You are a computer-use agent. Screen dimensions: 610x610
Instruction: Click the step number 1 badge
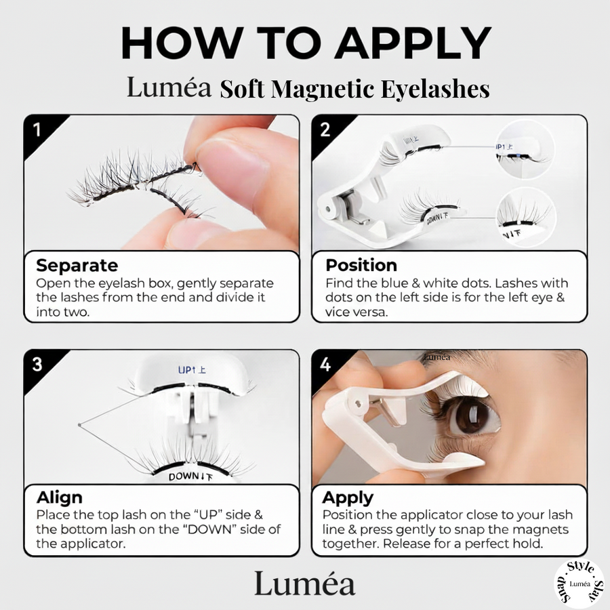point(37,130)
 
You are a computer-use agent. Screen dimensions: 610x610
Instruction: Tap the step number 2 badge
point(325,130)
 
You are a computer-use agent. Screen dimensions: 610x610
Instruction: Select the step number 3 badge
point(37,365)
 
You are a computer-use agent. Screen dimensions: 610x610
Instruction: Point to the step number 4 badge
point(325,365)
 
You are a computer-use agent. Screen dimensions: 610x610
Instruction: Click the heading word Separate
point(77,266)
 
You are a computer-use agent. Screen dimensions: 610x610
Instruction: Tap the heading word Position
point(361,265)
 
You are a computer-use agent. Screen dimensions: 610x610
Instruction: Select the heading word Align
point(60,497)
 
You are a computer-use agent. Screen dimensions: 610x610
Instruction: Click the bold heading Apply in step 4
point(348,498)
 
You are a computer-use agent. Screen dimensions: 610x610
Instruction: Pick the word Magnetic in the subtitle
point(323,89)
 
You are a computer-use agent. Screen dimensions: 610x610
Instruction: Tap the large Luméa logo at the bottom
point(304,583)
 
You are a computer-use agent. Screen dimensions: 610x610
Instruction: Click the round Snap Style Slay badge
point(579,583)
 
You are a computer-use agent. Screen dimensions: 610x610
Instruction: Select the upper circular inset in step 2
point(524,150)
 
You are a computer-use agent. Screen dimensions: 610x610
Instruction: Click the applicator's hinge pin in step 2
point(329,209)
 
